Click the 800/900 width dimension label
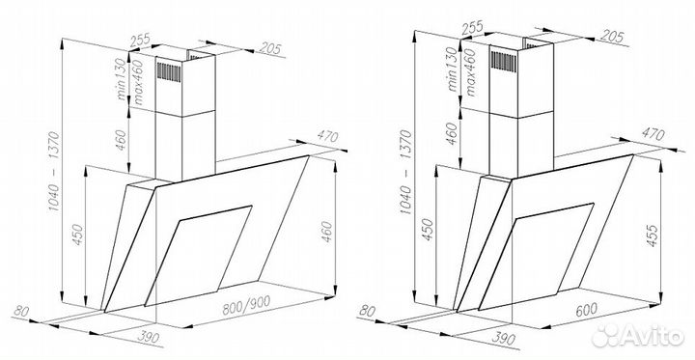click(246, 305)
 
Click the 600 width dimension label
click(586, 309)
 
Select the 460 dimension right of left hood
click(326, 232)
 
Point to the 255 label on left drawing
click(140, 41)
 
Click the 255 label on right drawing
click(472, 29)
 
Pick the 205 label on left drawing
click(270, 47)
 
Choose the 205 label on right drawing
click(612, 37)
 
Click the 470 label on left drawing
click(326, 136)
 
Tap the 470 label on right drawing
click(653, 134)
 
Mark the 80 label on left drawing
click(21, 311)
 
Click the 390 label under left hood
click(148, 338)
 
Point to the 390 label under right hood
click(503, 338)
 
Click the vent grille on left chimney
click(169, 71)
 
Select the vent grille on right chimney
click(504, 61)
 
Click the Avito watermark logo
click(638, 335)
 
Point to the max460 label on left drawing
click(138, 82)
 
